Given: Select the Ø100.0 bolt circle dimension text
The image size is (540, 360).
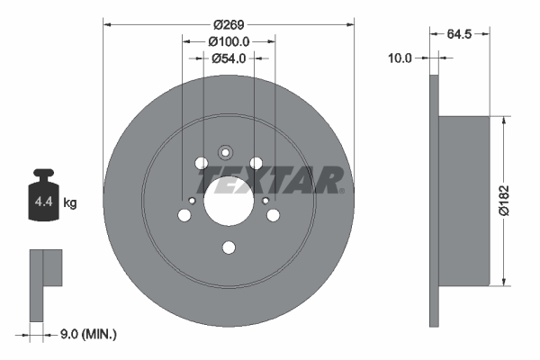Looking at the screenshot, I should pyautogui.click(x=229, y=40).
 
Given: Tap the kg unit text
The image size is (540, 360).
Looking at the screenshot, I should pyautogui.click(x=70, y=203).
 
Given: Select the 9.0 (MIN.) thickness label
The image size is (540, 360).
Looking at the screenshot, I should pyautogui.click(x=86, y=334).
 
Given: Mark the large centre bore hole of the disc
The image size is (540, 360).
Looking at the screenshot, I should pyautogui.click(x=229, y=199).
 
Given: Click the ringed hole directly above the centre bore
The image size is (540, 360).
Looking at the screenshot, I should pyautogui.click(x=228, y=153).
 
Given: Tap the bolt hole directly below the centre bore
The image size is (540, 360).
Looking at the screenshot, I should pyautogui.click(x=229, y=248).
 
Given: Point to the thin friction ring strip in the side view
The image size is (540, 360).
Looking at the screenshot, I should pyautogui.click(x=434, y=200).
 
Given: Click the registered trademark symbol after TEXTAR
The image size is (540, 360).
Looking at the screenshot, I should pyautogui.click(x=343, y=191).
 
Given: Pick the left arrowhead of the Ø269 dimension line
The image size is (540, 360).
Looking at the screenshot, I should pyautogui.click(x=108, y=24).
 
